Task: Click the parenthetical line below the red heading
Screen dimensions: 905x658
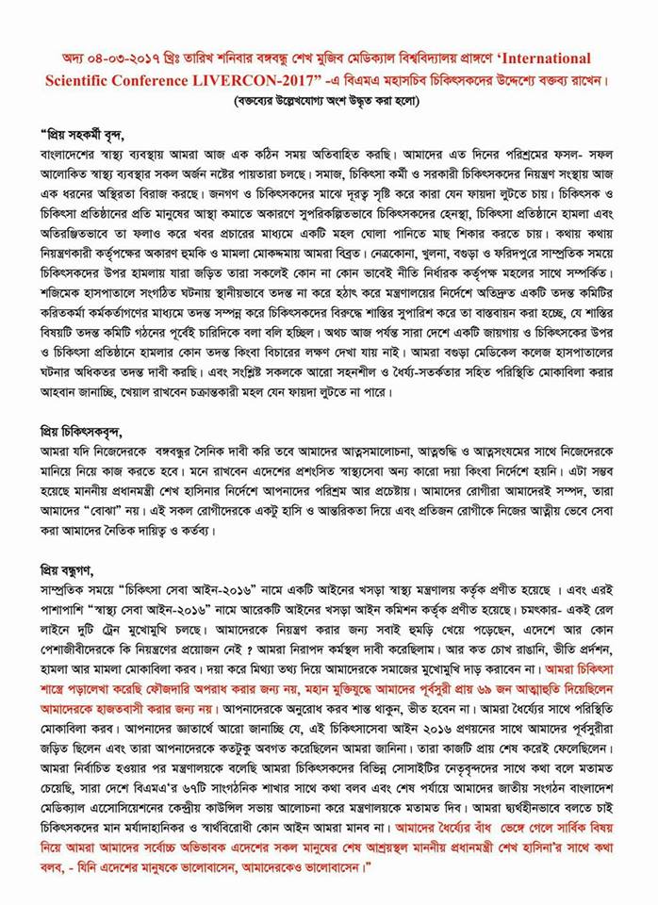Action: point(328,99)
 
